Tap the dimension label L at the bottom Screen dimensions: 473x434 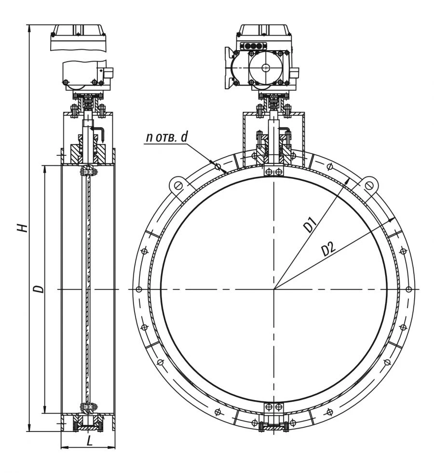point(89,440)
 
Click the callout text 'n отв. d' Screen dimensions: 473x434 point(167,137)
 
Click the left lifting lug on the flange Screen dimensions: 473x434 point(177,186)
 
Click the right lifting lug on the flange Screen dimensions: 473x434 point(369,186)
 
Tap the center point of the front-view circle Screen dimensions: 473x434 point(274,289)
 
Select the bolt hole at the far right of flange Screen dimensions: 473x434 point(409,289)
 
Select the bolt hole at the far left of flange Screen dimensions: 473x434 point(139,289)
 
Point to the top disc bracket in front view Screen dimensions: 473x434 point(274,172)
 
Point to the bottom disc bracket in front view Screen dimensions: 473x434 point(274,407)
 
